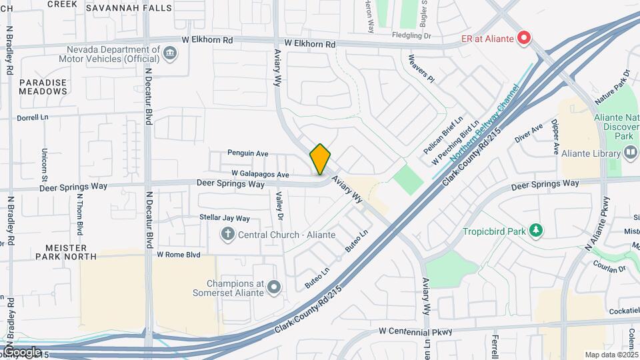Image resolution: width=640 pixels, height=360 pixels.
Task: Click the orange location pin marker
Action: [320, 159]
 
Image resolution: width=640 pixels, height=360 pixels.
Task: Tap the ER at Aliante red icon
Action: [524, 38]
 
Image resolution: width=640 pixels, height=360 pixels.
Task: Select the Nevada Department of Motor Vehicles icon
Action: [170, 52]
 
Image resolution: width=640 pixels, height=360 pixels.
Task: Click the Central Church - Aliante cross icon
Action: [228, 234]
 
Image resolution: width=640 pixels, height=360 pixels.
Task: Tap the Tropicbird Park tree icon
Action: [535, 231]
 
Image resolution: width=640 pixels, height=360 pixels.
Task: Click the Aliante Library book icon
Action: [631, 153]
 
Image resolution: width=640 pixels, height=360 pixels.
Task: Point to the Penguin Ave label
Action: [247, 153]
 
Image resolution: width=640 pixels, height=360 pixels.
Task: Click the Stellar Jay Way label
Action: [225, 218]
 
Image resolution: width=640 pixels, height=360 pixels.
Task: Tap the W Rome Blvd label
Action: [179, 255]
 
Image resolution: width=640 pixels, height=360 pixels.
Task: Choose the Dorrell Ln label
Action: [33, 117]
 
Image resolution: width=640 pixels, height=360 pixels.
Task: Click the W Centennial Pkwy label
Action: [416, 331]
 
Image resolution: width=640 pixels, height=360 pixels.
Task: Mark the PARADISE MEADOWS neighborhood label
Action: [43, 87]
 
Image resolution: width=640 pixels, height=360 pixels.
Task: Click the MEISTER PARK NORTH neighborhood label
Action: [66, 251]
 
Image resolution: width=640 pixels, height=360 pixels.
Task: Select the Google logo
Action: [21, 351]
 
